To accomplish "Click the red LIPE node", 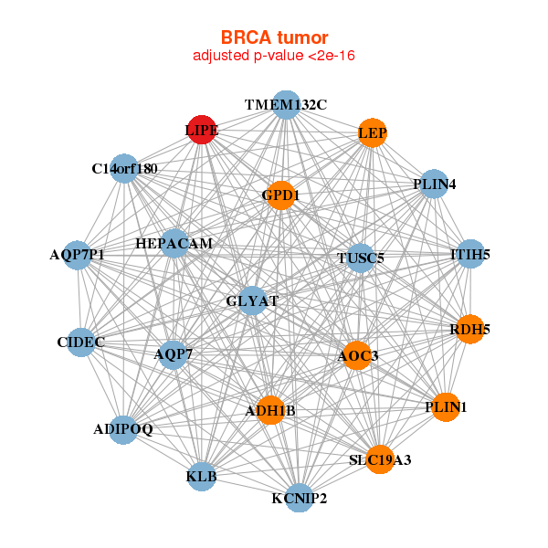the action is pos(201,130).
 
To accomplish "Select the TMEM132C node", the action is pos(286,105).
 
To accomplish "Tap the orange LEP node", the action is pos(372,133).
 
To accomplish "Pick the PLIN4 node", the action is pos(434,184).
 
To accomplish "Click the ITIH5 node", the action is pos(470,254).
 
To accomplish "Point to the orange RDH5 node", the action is pos(469,329).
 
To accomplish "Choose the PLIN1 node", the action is pos(445,406).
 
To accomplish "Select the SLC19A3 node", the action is pos(380,459).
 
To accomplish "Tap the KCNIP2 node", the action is pos(299,498).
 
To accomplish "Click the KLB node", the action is pos(202,476).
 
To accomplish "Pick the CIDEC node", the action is pos(81,342).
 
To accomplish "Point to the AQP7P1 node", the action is pos(78,254).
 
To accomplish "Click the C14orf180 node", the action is pos(124,169).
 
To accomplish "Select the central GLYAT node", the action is pos(252,300).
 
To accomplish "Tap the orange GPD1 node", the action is pos(280,195).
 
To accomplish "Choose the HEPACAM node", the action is pos(174,244).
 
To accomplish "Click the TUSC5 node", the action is pos(361,258).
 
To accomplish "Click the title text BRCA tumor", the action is pos(274,37).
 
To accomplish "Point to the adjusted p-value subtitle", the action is pos(274,56).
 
